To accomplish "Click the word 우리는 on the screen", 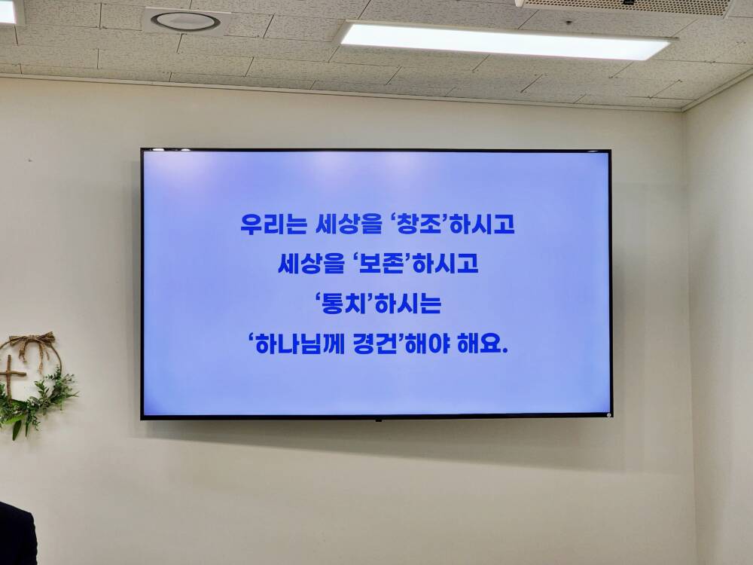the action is [273, 224].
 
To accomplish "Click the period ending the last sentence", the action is [504, 351].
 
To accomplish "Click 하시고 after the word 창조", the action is [482, 224].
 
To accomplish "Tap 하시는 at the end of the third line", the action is [407, 303].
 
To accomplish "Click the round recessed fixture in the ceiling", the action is [185, 20].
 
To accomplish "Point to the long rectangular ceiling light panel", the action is [505, 41].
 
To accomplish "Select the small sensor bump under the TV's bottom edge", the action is [379, 420].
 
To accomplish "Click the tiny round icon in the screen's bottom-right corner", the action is [608, 414].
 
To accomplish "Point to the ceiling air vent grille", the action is [623, 7].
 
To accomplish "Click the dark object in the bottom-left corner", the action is [17, 534].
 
